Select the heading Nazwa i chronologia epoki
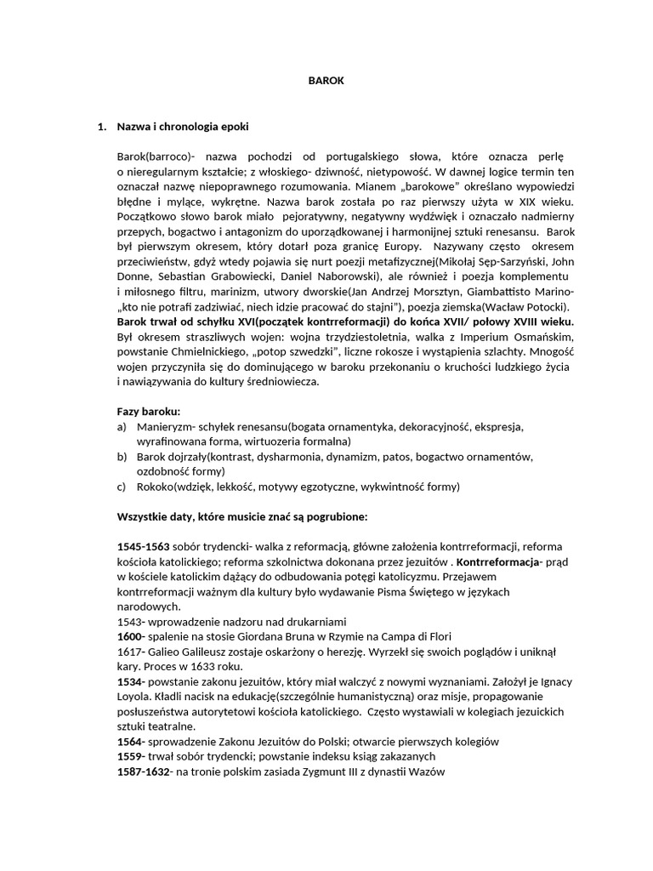pyautogui.click(x=183, y=128)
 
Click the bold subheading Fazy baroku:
pyautogui.click(x=149, y=411)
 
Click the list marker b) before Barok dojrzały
pyautogui.click(x=122, y=457)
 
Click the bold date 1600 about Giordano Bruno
pyautogui.click(x=131, y=636)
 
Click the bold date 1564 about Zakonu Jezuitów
pyautogui.click(x=131, y=742)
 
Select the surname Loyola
pyautogui.click(x=136, y=697)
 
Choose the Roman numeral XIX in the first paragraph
pyautogui.click(x=510, y=202)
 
